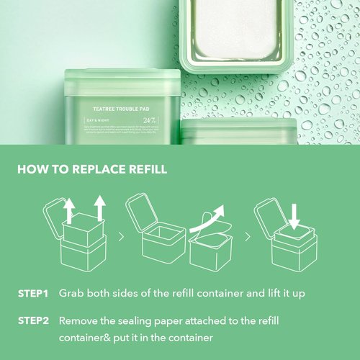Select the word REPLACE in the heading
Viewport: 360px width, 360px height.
point(99,170)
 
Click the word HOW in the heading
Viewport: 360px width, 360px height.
point(32,170)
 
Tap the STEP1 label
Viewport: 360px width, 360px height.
point(32,294)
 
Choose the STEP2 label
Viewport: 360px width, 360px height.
point(32,320)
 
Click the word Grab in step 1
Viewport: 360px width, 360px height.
point(73,294)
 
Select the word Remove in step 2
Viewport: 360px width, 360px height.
point(79,320)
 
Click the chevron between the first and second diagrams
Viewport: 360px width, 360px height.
point(120,235)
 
